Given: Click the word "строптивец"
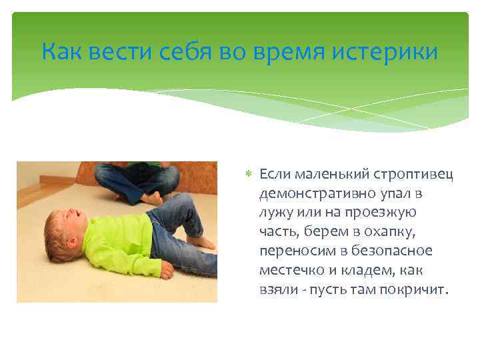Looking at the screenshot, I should (x=419, y=174).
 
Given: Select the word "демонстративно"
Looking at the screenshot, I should (x=309, y=193).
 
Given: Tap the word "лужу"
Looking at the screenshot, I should (x=275, y=213).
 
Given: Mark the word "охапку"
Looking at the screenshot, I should (x=395, y=232).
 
